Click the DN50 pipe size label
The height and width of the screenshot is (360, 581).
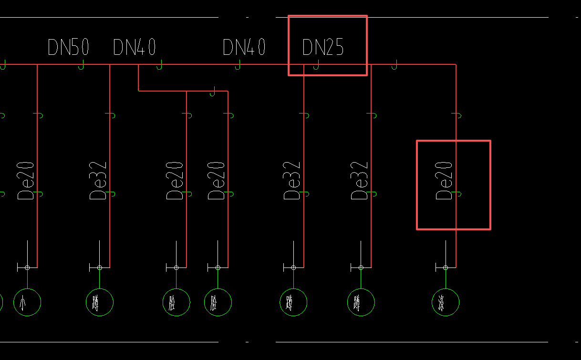click(68, 48)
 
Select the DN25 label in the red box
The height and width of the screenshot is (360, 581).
click(323, 48)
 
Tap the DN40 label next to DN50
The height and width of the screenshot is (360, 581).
click(135, 48)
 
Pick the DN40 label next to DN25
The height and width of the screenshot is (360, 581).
click(244, 48)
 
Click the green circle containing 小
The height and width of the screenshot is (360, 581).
click(27, 302)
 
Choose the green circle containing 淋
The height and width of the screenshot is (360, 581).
click(446, 302)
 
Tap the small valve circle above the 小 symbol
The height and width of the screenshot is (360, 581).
click(27, 267)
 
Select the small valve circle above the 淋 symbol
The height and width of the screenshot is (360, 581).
click(446, 267)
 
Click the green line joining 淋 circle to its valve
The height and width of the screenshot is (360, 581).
click(446, 279)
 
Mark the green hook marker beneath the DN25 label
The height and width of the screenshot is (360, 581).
click(316, 66)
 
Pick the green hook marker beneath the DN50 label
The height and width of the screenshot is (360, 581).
click(82, 66)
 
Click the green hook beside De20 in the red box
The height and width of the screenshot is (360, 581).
click(458, 194)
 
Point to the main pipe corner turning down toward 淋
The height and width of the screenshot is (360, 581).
click(456, 64)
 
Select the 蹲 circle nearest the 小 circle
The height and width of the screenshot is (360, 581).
click(100, 302)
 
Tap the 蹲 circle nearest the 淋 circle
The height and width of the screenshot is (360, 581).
click(361, 302)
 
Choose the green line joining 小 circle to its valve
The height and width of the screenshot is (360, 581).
click(27, 279)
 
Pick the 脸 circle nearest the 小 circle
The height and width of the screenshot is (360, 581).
click(176, 302)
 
